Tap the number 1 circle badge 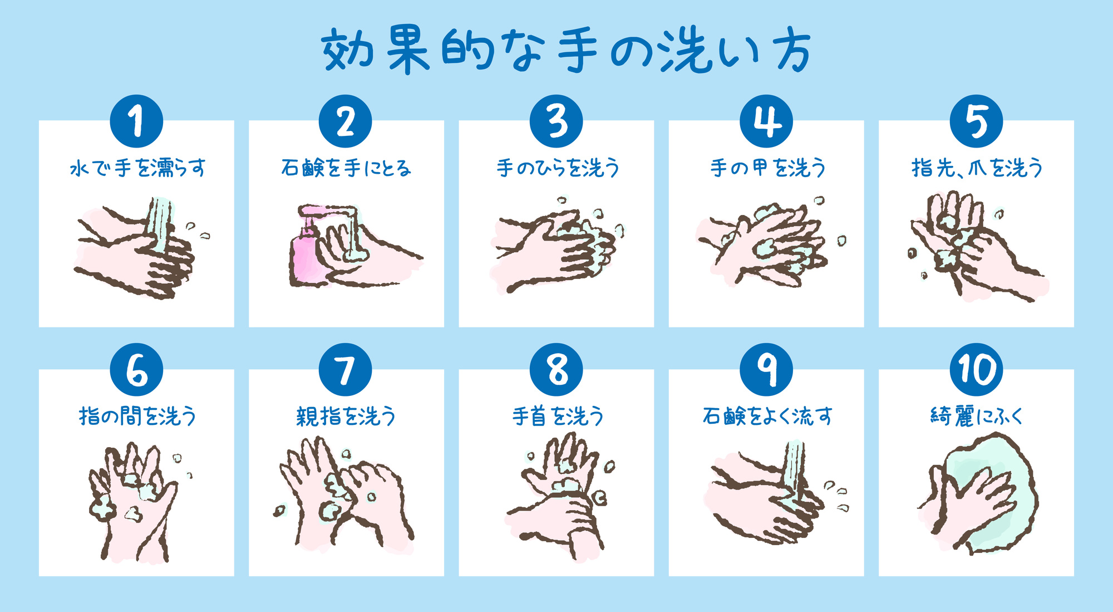coord(136,121)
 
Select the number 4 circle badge coord(766,121)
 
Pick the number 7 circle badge coord(346,370)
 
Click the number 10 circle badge coord(976,370)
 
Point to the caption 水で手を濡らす coord(137,168)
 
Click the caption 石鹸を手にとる coord(346,168)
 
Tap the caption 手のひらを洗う coord(558,168)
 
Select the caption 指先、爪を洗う coord(977,168)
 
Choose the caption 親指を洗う coord(346,416)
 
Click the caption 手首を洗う coord(558,416)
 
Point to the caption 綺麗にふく coord(977,416)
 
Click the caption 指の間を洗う coord(137,416)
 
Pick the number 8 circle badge coord(556,370)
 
